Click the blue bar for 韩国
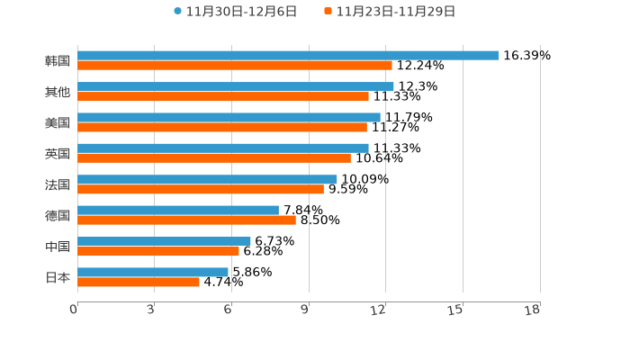(288, 55)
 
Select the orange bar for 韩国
(234, 66)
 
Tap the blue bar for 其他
(235, 86)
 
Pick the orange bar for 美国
(221, 127)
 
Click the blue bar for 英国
(222, 148)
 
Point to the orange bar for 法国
(200, 189)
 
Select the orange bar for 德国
(186, 220)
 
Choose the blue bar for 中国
(164, 241)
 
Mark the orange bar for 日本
(138, 282)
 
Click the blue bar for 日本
(152, 272)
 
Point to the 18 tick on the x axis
(532, 310)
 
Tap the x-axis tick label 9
(305, 310)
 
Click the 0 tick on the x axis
(74, 310)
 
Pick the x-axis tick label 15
(455, 310)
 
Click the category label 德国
(58, 215)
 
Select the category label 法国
(58, 184)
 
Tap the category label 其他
(58, 92)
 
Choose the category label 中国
(58, 247)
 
